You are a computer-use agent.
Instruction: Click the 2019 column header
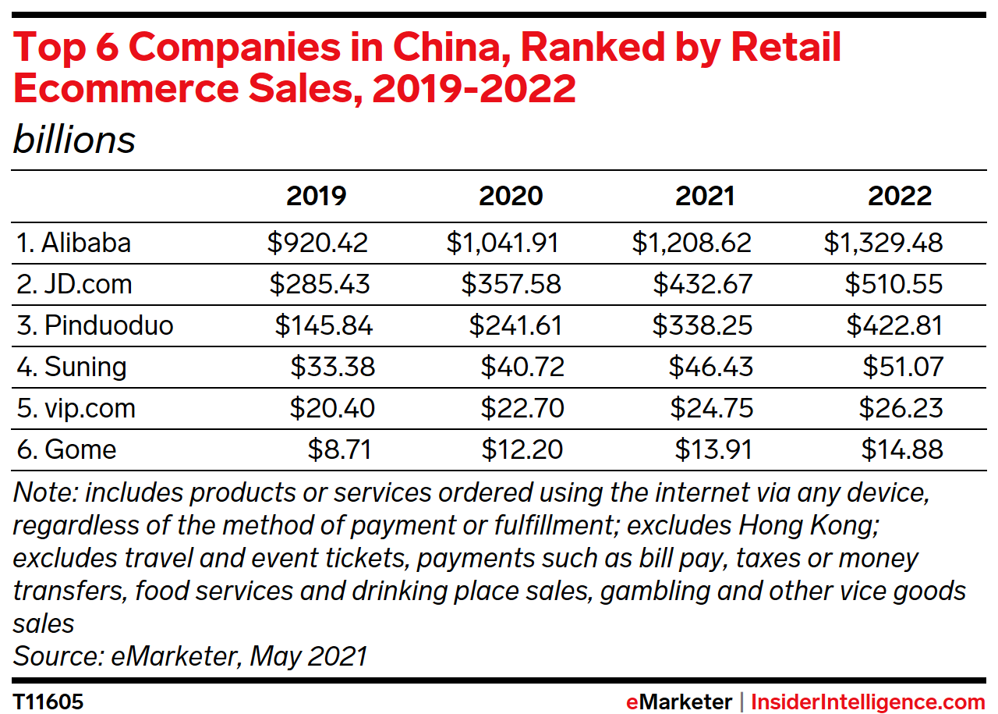(316, 196)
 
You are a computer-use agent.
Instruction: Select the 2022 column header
(900, 196)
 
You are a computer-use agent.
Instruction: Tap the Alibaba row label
(73, 243)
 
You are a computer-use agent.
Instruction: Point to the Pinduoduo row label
(94, 325)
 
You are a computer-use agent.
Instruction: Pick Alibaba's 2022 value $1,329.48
(883, 243)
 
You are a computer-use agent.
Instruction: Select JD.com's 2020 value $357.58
(511, 284)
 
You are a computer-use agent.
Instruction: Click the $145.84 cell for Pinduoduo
(324, 325)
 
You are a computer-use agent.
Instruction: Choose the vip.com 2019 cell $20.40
(332, 408)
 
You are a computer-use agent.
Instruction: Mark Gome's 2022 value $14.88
(902, 449)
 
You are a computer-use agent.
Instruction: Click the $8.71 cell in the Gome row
(339, 449)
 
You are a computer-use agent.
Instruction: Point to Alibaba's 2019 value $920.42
(317, 243)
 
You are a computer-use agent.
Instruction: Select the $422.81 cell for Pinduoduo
(894, 325)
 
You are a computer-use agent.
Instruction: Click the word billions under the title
(74, 140)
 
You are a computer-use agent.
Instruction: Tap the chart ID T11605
(48, 702)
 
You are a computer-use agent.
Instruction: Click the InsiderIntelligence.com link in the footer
(868, 702)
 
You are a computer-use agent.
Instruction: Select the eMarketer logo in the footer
(678, 702)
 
